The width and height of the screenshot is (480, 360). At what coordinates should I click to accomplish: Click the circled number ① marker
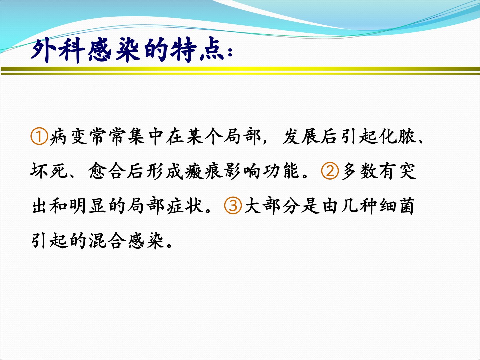click(39, 137)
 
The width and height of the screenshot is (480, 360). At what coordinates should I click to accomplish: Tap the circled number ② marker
click(330, 171)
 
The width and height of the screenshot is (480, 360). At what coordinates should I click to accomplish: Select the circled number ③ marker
click(233, 206)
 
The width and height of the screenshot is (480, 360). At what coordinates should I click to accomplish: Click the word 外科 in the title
click(58, 51)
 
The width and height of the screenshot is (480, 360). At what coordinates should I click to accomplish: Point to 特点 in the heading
click(197, 51)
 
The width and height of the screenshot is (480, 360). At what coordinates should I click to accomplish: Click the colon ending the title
click(230, 52)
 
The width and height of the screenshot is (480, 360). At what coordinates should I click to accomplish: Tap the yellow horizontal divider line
click(240, 71)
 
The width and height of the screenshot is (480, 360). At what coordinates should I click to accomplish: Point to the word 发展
click(301, 137)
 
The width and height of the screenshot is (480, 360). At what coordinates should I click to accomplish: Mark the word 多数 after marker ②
click(359, 171)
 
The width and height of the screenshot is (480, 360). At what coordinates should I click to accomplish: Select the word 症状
click(185, 206)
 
